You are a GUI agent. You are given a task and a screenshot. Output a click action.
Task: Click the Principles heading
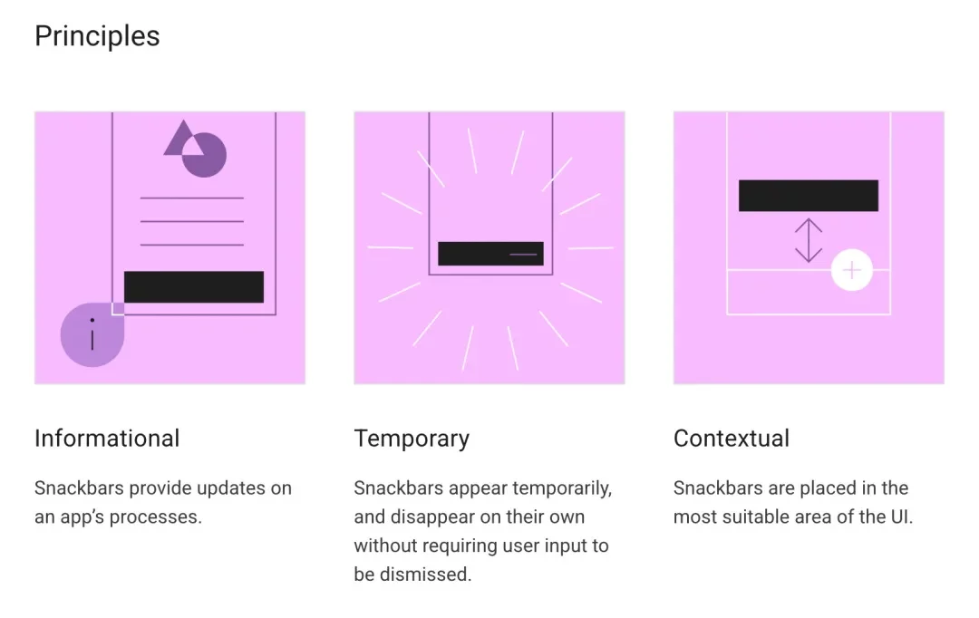coord(97,36)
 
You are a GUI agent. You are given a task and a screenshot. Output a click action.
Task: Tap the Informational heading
coord(107,439)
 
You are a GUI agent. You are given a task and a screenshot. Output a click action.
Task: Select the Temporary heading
coord(412,439)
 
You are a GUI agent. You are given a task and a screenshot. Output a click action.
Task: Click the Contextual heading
coord(732,439)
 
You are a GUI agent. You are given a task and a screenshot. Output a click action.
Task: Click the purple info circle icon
coord(92,335)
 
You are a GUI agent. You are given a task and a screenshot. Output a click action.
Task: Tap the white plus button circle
coord(851,270)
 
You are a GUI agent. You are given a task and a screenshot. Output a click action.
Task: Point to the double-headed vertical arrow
coord(809,240)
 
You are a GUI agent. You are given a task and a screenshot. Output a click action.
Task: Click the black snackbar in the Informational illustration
coord(194,287)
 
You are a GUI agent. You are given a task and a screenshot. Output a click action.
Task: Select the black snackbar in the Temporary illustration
coord(490,254)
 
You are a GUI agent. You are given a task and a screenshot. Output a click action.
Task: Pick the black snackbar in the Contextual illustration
coord(809,196)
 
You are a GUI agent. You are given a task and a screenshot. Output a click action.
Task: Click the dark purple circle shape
coord(204,155)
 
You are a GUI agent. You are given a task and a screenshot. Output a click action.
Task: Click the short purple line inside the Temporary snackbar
coord(523,254)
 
